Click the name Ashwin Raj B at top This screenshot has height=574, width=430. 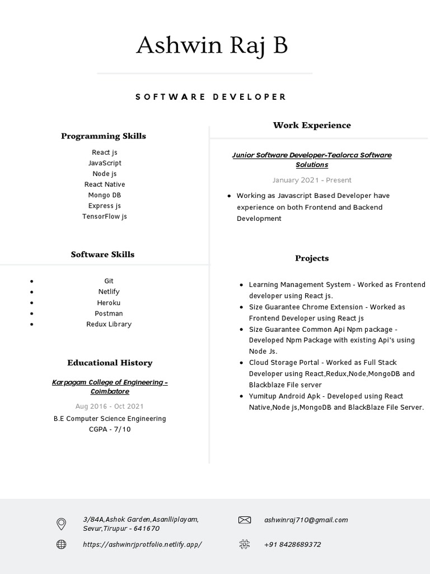pos(212,45)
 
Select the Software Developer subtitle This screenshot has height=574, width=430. pos(211,97)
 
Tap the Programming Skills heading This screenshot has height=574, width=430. pos(104,136)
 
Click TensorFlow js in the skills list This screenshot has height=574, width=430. pos(105,216)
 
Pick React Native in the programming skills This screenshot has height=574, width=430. pos(105,184)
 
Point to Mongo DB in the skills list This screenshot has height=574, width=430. pos(105,195)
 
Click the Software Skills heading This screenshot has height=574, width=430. pos(102,254)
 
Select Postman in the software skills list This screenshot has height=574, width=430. pos(109,313)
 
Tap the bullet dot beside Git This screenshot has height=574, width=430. pos(32,281)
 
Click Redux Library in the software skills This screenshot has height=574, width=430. pos(109,324)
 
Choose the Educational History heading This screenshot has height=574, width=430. pos(110,363)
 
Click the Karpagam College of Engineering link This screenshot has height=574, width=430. pos(110,387)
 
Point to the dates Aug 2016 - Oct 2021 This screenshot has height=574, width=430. pos(110,406)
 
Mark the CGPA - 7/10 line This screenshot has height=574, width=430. pos(110,429)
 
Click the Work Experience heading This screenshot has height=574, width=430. pos(312,126)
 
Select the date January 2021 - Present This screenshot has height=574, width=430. pos(312,180)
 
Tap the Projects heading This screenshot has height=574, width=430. pos(312,258)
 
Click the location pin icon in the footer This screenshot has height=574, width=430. pos(62,524)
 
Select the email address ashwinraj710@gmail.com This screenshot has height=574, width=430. pos(306,520)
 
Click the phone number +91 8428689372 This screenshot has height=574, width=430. pos(293,544)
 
